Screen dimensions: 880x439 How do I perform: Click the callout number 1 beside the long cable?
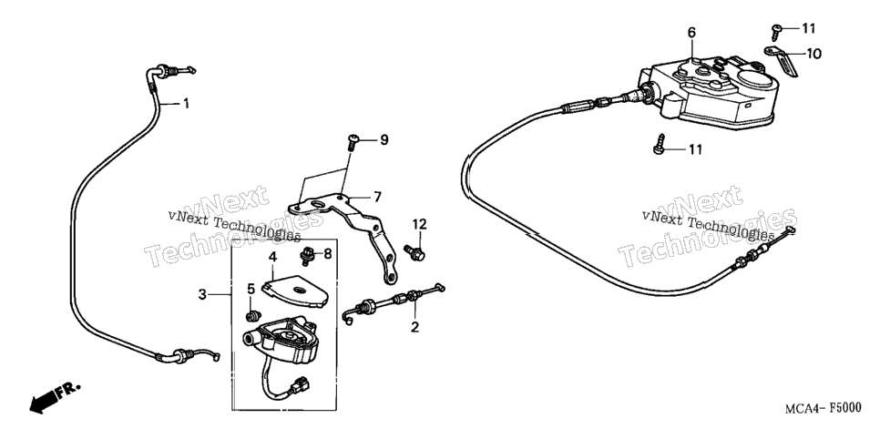coord(186,104)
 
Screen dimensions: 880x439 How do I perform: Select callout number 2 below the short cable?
coord(414,327)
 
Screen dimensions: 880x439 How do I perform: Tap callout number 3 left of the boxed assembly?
coord(202,294)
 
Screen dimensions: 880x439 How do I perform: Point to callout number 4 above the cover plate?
coord(272,258)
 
